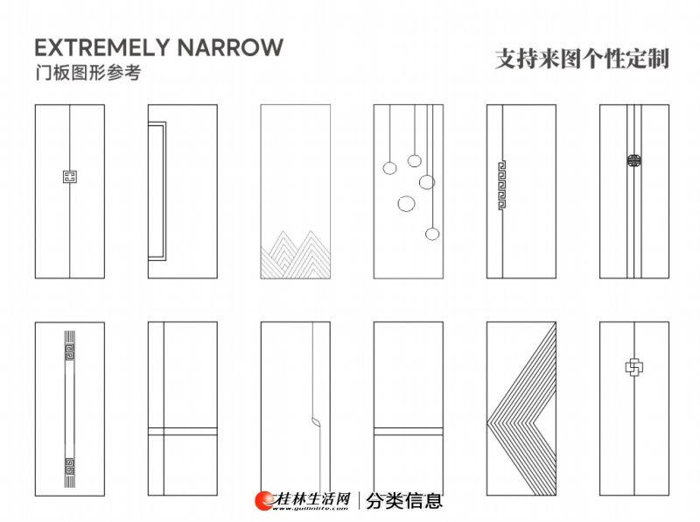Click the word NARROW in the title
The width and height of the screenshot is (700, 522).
point(241,47)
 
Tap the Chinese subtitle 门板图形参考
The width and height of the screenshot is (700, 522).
point(87,74)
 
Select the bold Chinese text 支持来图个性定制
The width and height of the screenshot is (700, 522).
point(582,59)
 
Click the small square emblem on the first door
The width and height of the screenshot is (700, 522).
point(69,177)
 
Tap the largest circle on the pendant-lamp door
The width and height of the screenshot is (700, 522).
point(407,204)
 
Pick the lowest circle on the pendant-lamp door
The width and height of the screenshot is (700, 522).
point(432,234)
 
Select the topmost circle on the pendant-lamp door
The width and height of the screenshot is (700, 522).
point(415,160)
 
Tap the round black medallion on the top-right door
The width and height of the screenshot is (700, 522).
point(633,160)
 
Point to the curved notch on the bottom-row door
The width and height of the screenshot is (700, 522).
point(313,420)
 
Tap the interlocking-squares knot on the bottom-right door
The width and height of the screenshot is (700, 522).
point(633,367)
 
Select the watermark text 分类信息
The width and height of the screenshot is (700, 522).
point(404,500)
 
